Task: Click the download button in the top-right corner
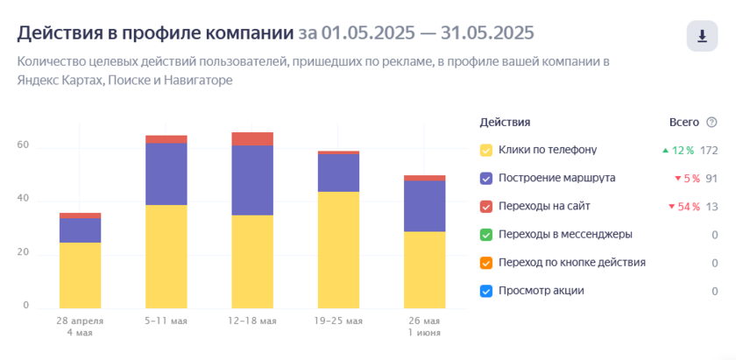[701, 36]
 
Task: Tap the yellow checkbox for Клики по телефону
[486, 150]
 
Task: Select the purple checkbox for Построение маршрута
[486, 178]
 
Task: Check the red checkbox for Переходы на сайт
[486, 206]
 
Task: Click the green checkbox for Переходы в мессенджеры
[486, 234]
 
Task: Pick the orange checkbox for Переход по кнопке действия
[486, 262]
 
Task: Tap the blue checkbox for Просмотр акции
[486, 291]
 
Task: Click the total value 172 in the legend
[709, 150]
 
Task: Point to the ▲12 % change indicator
[677, 150]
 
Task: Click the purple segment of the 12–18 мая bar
[252, 180]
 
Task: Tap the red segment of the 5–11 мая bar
[166, 139]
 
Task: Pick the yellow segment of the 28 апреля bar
[80, 275]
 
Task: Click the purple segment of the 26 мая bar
[424, 206]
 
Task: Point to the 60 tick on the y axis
[24, 145]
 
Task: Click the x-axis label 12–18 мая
[252, 321]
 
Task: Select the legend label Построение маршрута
[556, 178]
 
